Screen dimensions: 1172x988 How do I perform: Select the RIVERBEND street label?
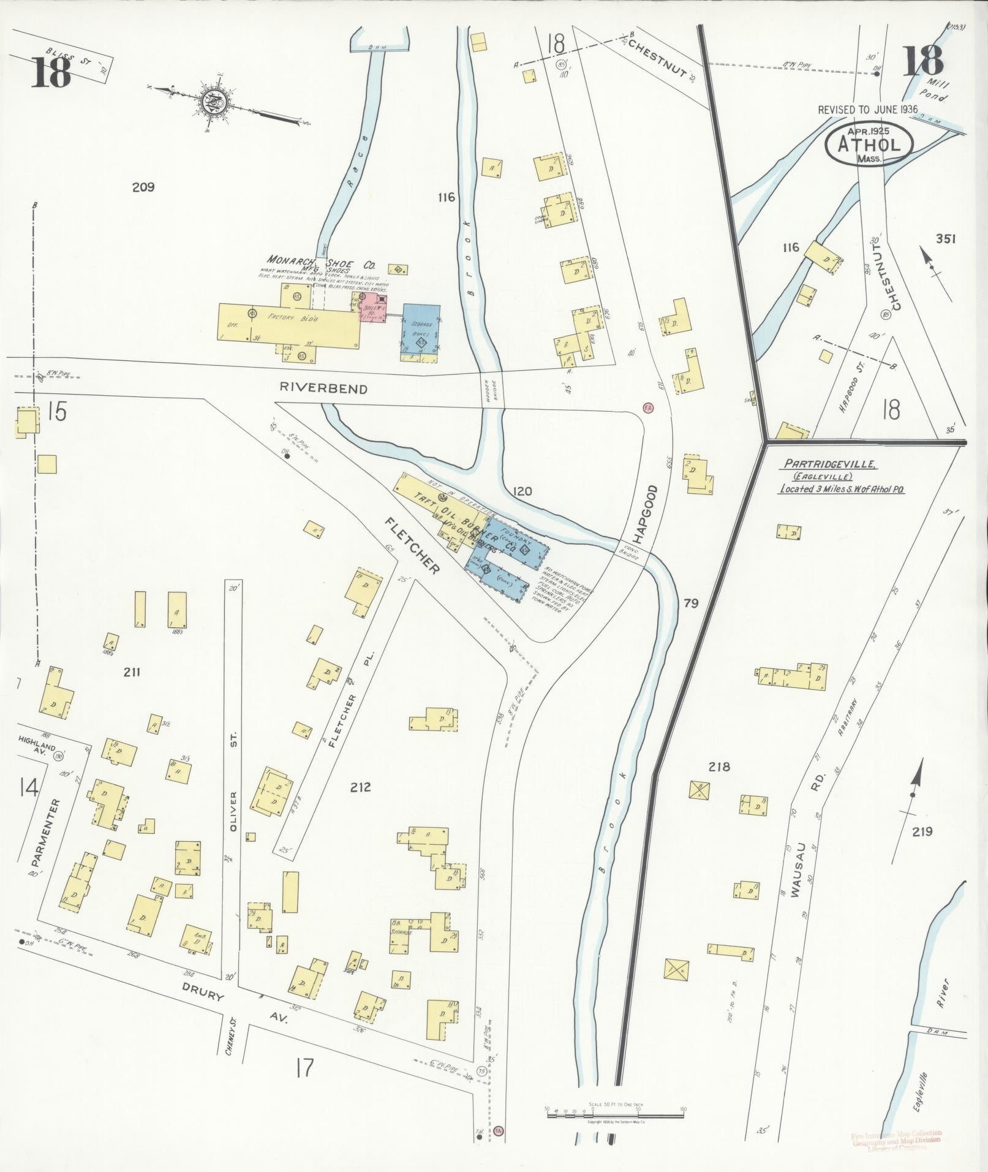point(324,389)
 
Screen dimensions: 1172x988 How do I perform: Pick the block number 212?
point(360,787)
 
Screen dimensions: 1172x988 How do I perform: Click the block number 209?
point(143,187)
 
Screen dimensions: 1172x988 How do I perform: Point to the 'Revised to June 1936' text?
point(868,110)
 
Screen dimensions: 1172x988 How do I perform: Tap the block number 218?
point(719,766)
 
